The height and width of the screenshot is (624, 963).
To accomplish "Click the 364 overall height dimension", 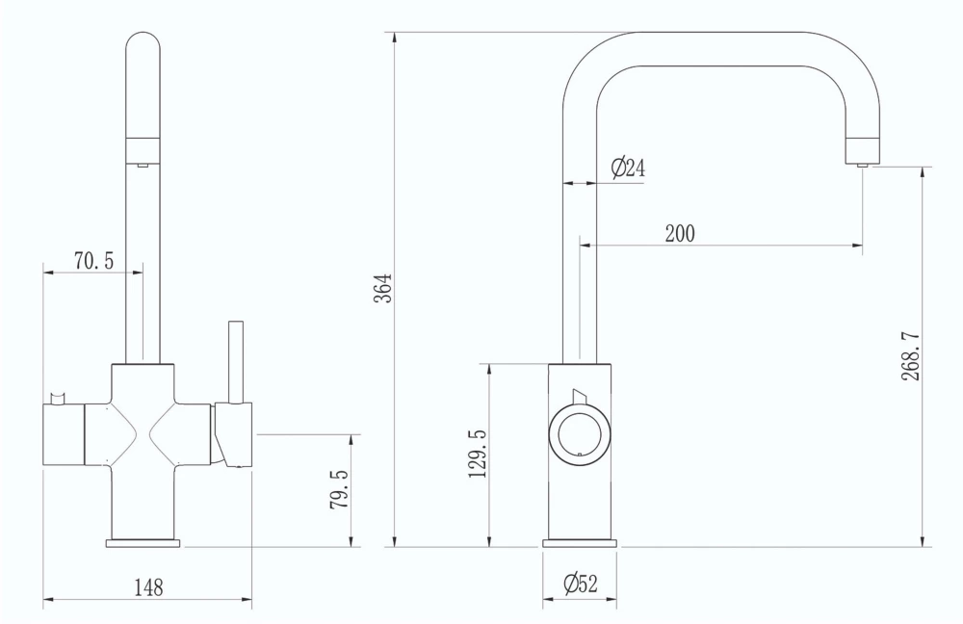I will (x=383, y=288).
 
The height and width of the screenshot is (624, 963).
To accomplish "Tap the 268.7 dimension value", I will (x=912, y=357).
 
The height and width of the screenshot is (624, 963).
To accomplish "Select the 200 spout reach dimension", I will (x=679, y=233).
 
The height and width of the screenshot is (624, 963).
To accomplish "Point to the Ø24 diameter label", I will (x=628, y=169).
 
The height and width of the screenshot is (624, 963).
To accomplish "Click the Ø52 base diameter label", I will (x=580, y=584).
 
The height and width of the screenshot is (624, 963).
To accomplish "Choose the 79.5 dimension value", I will (x=339, y=490).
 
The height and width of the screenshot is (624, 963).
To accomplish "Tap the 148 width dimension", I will (x=147, y=586).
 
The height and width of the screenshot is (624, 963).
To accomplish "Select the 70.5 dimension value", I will (x=93, y=260).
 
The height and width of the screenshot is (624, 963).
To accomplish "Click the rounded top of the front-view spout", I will (x=143, y=48).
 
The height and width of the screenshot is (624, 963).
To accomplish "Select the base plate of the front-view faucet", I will (x=143, y=544).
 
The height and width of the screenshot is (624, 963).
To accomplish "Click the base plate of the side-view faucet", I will (x=579, y=544).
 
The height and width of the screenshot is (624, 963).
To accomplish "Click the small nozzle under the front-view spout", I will (x=142, y=166).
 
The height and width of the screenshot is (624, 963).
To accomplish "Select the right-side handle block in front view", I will (x=233, y=433).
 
